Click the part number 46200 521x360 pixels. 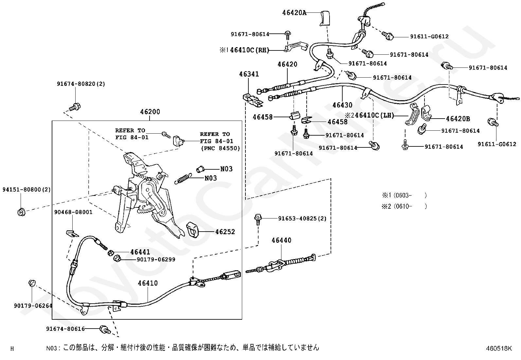150,112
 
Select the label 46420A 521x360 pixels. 295,13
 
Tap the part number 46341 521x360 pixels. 249,74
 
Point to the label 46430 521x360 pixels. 342,105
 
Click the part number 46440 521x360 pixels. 281,240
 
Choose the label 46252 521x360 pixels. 225,232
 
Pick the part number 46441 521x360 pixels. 140,252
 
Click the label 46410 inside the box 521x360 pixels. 148,283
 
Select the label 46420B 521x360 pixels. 458,119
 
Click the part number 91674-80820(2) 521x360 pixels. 81,84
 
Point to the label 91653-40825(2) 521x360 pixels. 302,218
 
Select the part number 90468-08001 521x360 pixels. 73,212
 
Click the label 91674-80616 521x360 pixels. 65,329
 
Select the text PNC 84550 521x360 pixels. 220,148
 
